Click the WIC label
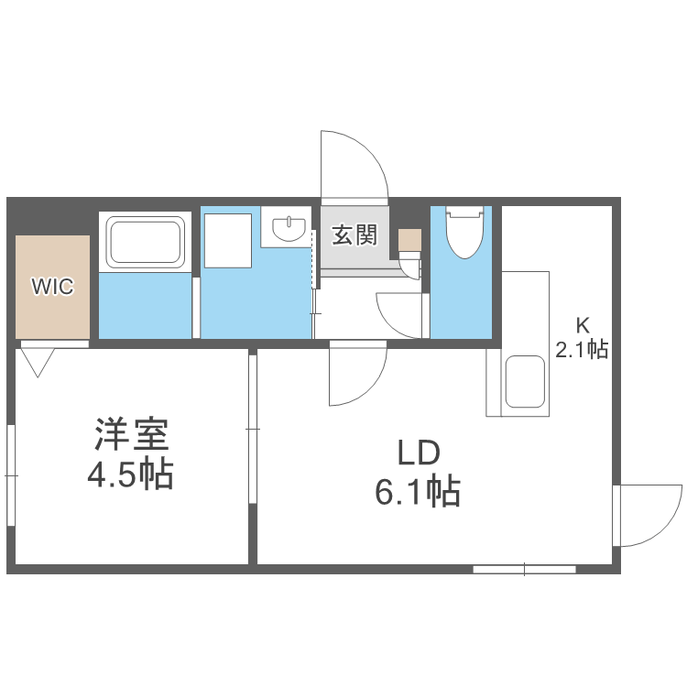52,286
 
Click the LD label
419,453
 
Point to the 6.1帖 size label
418,493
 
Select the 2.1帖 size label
582,348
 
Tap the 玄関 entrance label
354,235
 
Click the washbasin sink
289,227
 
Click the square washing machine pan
227,240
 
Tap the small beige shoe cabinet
409,240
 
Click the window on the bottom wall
524,570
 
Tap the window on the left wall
11,476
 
